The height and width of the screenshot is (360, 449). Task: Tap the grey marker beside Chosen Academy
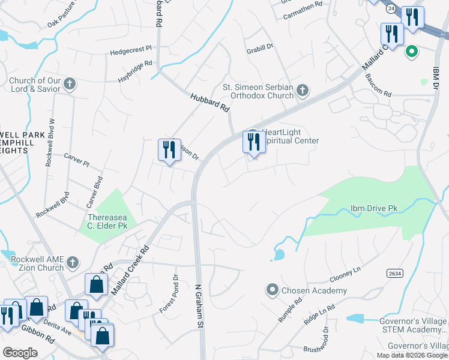tap(272, 291)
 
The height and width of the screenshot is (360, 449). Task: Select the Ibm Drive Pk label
tap(374, 209)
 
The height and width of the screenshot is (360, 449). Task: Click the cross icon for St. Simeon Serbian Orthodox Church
tap(303, 91)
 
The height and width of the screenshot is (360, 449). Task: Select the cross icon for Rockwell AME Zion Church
tap(72, 262)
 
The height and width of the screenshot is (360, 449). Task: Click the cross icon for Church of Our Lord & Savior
tap(70, 84)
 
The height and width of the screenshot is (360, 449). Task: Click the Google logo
tap(20, 353)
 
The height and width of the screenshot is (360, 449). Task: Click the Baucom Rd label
tap(379, 94)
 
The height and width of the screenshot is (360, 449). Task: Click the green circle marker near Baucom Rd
tap(411, 51)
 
